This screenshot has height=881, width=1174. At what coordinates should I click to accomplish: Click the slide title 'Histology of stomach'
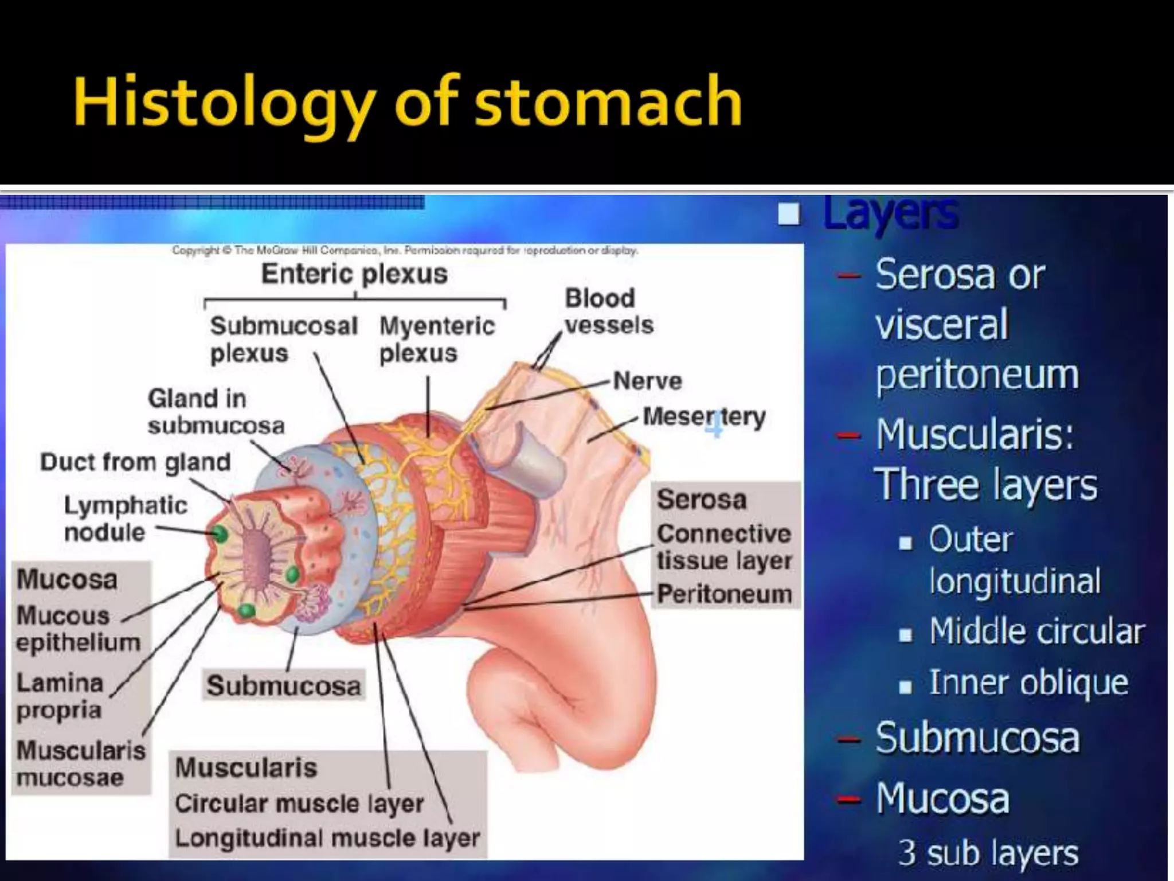[408, 102]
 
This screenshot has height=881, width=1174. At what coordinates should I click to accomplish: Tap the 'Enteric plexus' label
[354, 274]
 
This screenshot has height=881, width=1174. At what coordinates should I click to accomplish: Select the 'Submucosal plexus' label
[283, 340]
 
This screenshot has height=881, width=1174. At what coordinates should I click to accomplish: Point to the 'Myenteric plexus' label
[436, 340]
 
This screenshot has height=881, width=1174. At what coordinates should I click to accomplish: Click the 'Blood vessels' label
[608, 311]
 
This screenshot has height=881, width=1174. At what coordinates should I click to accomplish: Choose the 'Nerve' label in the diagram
[648, 381]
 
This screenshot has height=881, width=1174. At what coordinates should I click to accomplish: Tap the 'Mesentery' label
[704, 417]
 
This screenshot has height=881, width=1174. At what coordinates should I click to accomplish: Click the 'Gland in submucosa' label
[216, 412]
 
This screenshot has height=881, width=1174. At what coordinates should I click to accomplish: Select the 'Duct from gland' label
[135, 462]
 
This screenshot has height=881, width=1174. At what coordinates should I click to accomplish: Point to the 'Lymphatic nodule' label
[125, 519]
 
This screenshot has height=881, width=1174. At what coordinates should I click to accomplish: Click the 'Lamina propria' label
[60, 696]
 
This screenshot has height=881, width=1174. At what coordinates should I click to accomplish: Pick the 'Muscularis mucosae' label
[81, 764]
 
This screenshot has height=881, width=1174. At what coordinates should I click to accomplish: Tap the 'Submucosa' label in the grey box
[284, 685]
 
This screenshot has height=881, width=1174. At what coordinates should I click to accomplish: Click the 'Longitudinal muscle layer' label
[327, 838]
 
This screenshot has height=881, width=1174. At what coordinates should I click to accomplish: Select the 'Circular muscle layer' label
[299, 803]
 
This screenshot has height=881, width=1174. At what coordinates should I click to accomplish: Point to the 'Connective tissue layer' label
[724, 547]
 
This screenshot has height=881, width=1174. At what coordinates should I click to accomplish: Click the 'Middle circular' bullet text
[1036, 631]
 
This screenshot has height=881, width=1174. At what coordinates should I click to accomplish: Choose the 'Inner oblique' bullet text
[1028, 683]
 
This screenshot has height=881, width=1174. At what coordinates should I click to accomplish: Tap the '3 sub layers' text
[988, 852]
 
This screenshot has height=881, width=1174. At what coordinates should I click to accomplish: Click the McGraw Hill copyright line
[405, 251]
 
